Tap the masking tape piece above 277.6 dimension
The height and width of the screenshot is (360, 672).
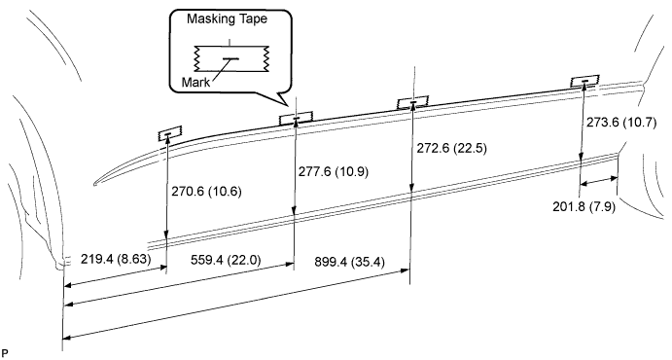coord(296,118)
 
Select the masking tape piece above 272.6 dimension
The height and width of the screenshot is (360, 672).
coord(413,103)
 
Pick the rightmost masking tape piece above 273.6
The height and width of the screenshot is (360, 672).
coord(584,83)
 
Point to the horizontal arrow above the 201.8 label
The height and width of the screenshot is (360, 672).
coord(599,180)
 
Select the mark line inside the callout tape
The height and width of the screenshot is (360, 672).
coord(230,58)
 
